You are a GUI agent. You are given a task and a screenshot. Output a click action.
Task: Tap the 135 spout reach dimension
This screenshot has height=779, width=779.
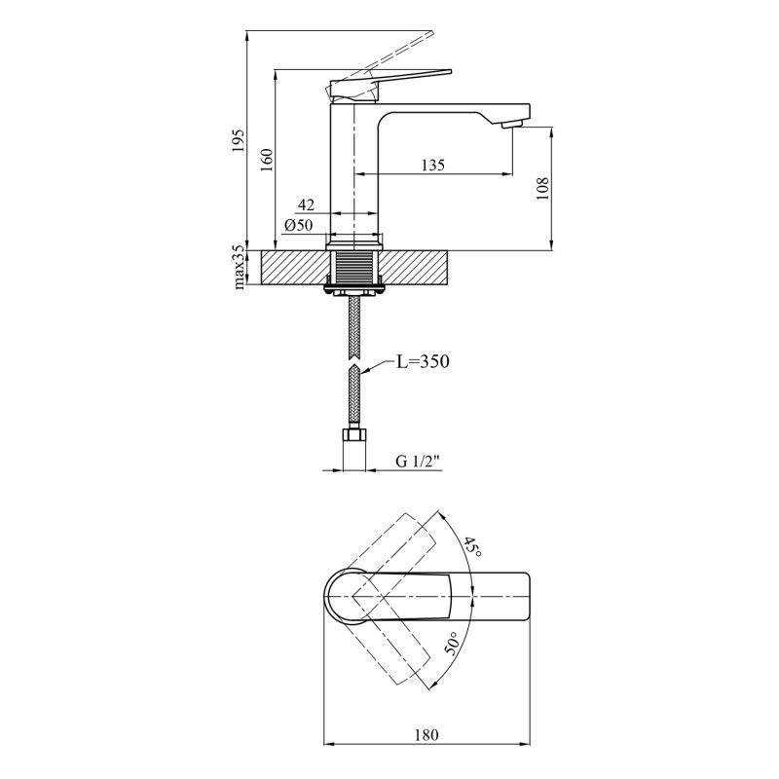[433, 165]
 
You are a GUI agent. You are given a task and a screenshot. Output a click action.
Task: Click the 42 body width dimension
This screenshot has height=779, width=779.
[306, 204]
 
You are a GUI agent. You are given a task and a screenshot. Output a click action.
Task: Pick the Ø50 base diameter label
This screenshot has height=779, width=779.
[298, 225]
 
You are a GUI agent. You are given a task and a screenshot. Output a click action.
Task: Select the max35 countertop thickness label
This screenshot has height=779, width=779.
[238, 267]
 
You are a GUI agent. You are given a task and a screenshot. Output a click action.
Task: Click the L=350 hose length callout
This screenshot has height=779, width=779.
[423, 361]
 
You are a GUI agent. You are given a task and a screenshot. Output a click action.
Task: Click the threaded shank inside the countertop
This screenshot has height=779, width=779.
[354, 268]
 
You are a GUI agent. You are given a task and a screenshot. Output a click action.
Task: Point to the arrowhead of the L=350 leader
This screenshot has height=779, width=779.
[363, 371]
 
